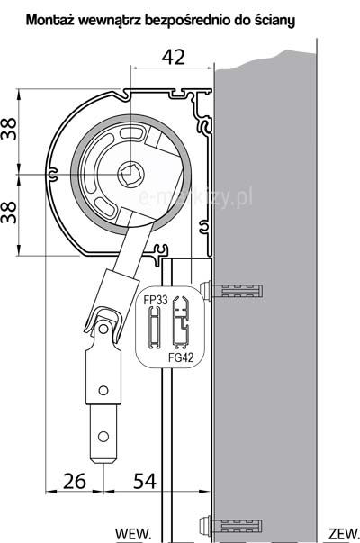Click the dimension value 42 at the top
click(174, 57)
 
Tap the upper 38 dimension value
click(9, 129)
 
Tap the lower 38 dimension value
click(9, 212)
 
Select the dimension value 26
click(75, 481)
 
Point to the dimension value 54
click(145, 481)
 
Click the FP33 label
click(156, 300)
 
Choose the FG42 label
click(181, 357)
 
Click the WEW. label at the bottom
click(133, 533)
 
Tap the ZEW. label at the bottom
click(344, 533)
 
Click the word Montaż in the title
click(50, 20)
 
